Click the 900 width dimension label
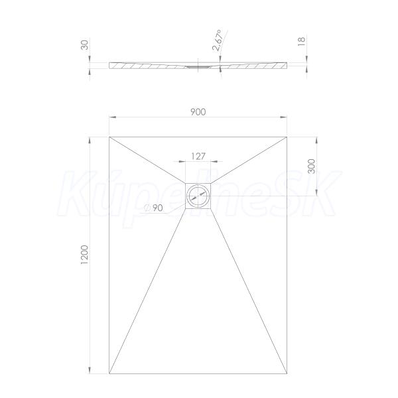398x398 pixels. tap(198, 112)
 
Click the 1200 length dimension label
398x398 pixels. tap(84, 255)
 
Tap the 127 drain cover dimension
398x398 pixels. tap(198, 156)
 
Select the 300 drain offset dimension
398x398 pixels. tap(312, 166)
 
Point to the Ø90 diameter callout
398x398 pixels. tap(154, 208)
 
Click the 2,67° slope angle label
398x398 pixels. tap(218, 40)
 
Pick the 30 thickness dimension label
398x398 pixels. tap(84, 45)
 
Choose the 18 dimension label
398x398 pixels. tap(301, 41)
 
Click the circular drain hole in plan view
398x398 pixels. tap(198, 196)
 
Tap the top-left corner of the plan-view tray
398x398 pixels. tap(109, 137)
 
